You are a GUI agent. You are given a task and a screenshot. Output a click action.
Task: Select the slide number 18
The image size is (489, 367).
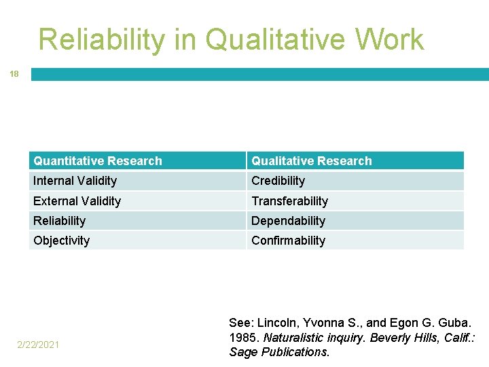[14, 74]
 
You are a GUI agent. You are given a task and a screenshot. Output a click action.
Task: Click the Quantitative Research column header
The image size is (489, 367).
[98, 161]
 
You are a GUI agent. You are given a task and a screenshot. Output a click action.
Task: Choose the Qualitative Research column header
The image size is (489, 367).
[312, 161]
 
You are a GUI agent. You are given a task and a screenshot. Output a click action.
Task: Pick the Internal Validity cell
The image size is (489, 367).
[75, 181]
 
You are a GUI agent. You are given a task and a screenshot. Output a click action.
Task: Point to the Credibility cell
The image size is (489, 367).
[278, 181]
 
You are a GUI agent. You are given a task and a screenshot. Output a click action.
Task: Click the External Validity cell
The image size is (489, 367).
[77, 201]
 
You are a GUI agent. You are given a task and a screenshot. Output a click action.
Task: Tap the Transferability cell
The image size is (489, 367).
[289, 201]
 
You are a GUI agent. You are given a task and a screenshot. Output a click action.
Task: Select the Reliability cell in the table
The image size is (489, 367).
[60, 221]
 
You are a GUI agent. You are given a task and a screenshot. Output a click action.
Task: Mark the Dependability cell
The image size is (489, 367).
[288, 221]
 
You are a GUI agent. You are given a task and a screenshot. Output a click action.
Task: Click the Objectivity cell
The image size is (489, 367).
[61, 241]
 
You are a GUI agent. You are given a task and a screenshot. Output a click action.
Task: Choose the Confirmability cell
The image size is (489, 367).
[288, 241]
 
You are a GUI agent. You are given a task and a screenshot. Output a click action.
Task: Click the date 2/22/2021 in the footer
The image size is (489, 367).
[39, 345]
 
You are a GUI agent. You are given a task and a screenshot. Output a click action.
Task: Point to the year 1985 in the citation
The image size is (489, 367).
[242, 338]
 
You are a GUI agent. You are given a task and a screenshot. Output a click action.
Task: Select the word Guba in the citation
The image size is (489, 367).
[456, 323]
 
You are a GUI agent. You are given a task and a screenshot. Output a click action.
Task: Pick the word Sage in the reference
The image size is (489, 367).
[241, 352]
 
